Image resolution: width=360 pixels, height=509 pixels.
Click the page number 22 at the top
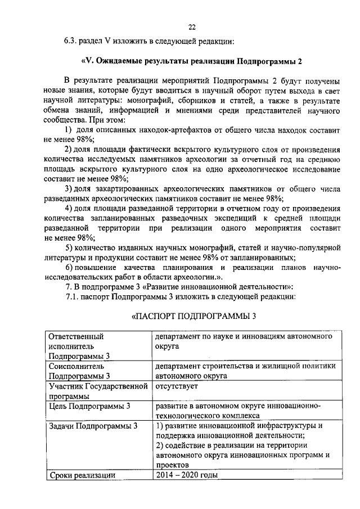click(x=191, y=26)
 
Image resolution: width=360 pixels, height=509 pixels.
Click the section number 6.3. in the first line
click(x=70, y=41)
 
